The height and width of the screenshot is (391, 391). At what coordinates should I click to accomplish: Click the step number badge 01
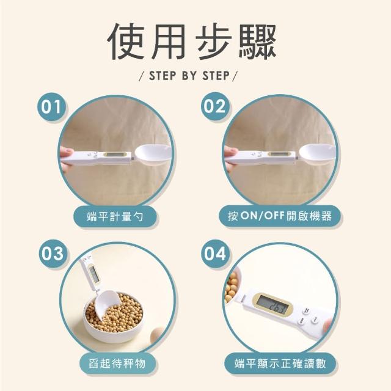(51, 107)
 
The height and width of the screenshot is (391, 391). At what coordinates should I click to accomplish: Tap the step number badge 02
(214, 106)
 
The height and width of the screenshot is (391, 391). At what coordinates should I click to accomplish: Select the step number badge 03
(53, 254)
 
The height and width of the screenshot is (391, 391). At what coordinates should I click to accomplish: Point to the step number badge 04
(215, 254)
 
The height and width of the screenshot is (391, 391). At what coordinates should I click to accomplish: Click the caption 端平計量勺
(115, 216)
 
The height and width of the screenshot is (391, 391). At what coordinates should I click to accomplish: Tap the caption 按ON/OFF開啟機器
(280, 216)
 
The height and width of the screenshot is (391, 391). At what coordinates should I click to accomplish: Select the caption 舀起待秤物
(117, 363)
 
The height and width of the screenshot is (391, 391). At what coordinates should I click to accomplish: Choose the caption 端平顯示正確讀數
(280, 364)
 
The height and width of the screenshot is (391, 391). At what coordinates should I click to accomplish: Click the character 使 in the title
(126, 42)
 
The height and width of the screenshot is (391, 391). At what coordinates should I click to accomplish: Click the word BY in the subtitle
(189, 76)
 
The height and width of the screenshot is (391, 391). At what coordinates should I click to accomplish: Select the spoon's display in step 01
(117, 155)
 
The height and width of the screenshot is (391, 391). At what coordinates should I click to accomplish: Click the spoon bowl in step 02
(317, 154)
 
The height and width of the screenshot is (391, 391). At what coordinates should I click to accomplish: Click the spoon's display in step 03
(93, 272)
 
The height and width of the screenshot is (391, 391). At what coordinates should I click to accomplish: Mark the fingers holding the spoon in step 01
(65, 155)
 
